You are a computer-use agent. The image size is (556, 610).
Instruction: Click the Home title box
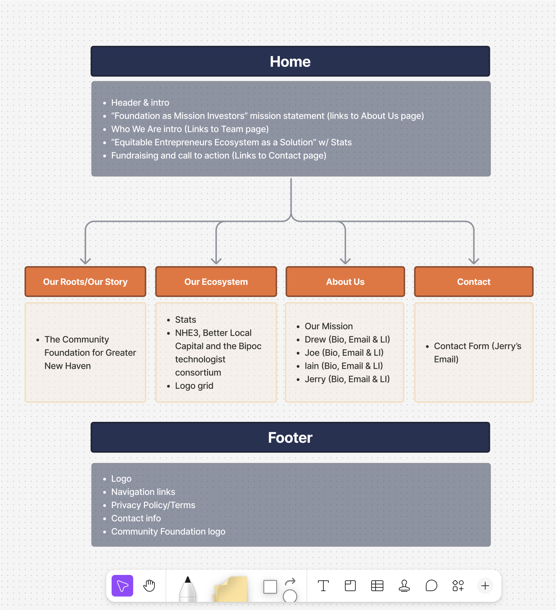(x=290, y=61)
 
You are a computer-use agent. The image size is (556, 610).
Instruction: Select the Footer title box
(x=290, y=437)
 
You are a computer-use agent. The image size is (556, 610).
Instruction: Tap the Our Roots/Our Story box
(x=85, y=282)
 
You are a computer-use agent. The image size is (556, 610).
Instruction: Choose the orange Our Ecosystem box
(x=216, y=282)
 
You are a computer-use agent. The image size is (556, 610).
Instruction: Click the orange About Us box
(x=345, y=282)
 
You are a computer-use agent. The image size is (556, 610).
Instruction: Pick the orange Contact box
(x=474, y=282)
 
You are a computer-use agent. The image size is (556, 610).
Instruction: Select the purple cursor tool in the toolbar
(x=122, y=586)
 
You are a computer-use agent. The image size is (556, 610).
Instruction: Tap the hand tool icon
(x=149, y=586)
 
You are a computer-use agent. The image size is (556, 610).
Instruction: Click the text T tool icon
(x=323, y=586)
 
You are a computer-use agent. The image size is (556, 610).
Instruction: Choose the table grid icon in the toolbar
(x=377, y=586)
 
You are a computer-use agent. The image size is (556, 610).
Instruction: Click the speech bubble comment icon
(x=431, y=586)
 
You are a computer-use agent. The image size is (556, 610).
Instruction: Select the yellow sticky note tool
(x=231, y=589)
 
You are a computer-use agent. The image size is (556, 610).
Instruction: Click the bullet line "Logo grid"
(x=194, y=386)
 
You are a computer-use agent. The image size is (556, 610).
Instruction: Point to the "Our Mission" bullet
(x=329, y=326)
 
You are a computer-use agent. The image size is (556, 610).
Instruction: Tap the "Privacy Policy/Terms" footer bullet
(x=153, y=505)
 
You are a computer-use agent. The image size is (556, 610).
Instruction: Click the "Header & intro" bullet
(x=140, y=103)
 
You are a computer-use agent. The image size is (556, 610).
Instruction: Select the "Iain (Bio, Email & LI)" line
(x=344, y=366)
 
